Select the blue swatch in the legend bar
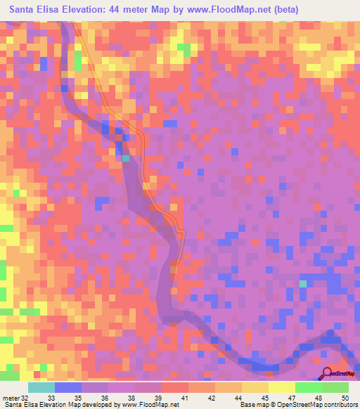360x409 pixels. click(x=67, y=387)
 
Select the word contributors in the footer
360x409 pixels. click(x=341, y=405)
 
